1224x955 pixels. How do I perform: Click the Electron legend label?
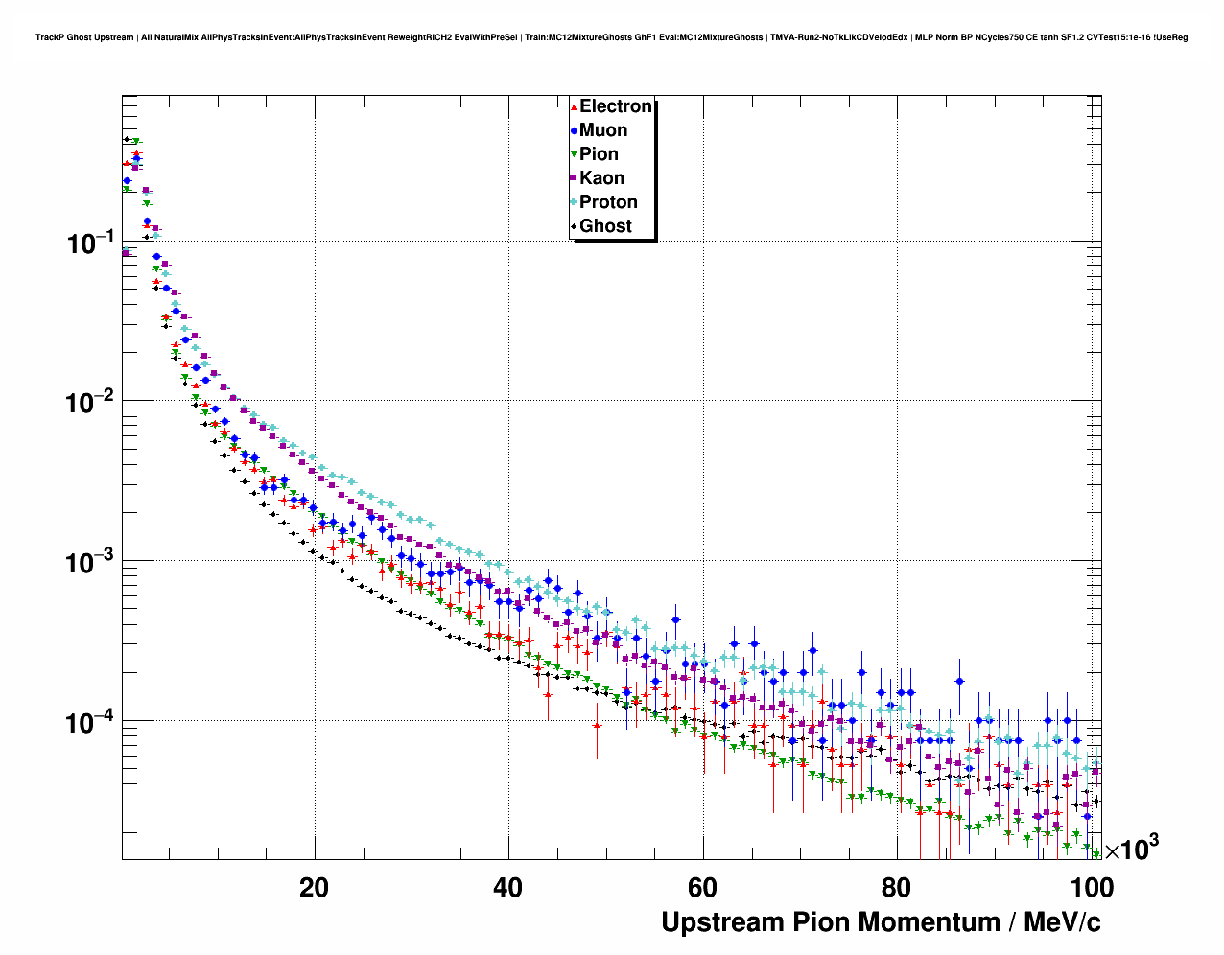pyautogui.click(x=616, y=106)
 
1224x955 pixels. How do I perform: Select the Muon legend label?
pyautogui.click(x=603, y=130)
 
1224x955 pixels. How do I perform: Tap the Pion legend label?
pyautogui.click(x=599, y=154)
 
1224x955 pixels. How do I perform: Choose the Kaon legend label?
pyautogui.click(x=601, y=178)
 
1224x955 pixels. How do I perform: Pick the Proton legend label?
pyautogui.click(x=608, y=202)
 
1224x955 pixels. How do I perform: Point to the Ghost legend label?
pyautogui.click(x=605, y=226)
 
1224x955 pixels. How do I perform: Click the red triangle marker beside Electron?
pyautogui.click(x=574, y=106)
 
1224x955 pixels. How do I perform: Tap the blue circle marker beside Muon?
pyautogui.click(x=574, y=130)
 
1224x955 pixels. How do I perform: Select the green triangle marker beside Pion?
pyautogui.click(x=574, y=154)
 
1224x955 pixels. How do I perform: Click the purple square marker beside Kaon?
pyautogui.click(x=574, y=178)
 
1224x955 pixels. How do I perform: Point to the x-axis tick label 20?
pyautogui.click(x=314, y=887)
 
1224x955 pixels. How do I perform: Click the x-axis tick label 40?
pyautogui.click(x=507, y=887)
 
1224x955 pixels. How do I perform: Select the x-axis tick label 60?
pyautogui.click(x=702, y=887)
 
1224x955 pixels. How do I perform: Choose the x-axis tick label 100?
pyautogui.click(x=1092, y=887)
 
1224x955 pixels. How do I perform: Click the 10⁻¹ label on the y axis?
pyautogui.click(x=90, y=243)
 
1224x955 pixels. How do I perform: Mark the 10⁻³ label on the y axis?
pyautogui.click(x=90, y=562)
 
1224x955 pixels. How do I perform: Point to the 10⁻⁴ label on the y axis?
pyautogui.click(x=90, y=722)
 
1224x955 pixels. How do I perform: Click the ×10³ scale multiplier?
pyautogui.click(x=1132, y=849)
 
